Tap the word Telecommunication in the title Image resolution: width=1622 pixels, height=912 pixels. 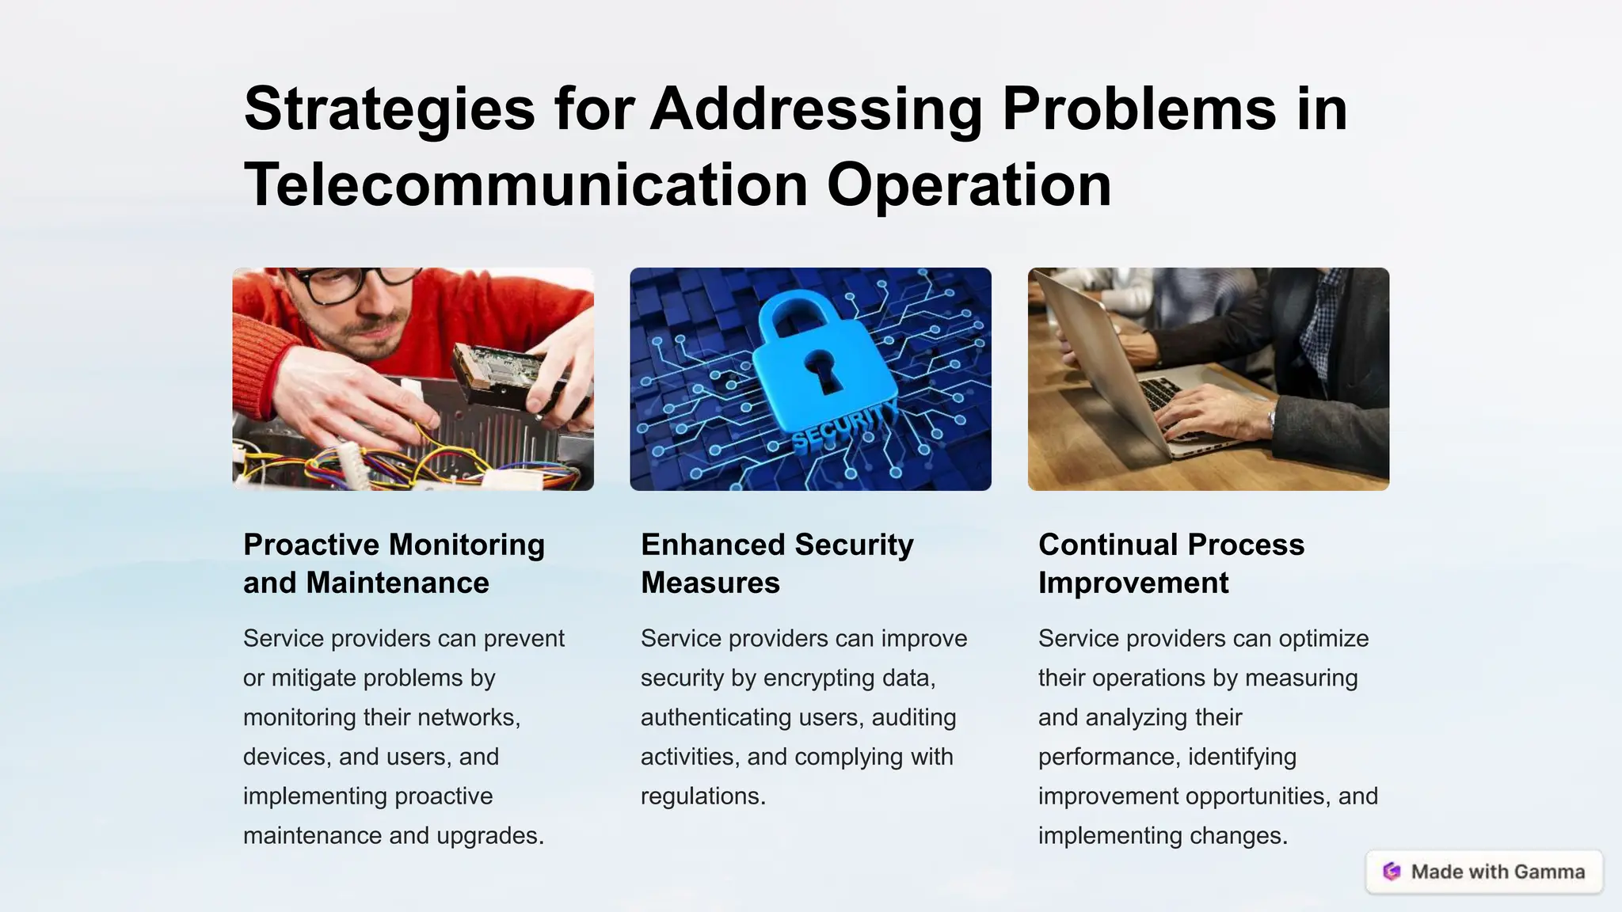[x=526, y=185]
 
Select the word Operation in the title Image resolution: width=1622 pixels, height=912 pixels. [x=969, y=185]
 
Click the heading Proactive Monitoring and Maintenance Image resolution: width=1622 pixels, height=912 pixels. [x=394, y=564]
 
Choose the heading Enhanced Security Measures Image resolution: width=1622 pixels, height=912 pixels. [x=777, y=564]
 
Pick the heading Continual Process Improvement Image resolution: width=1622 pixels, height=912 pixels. [x=1171, y=564]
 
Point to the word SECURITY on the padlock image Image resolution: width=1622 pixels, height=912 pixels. [x=844, y=424]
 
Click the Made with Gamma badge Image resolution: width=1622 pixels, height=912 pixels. [x=1484, y=872]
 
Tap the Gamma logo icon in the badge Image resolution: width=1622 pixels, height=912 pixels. [x=1392, y=872]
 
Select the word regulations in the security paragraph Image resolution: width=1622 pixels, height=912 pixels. [x=702, y=796]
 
